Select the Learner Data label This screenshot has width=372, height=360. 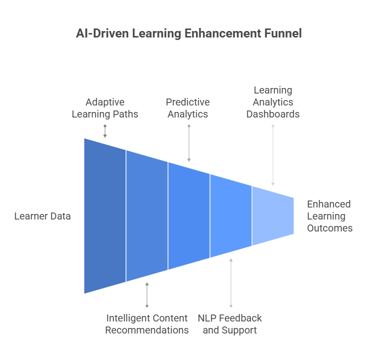tap(42, 216)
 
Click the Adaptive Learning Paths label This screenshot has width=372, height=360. tap(105, 108)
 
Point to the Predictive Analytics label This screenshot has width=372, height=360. tap(188, 108)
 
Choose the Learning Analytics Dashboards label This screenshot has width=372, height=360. tap(272, 102)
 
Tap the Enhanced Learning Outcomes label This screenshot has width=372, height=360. tap(329, 216)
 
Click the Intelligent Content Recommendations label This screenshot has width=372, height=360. tap(147, 324)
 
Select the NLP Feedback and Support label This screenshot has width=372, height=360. tap(230, 324)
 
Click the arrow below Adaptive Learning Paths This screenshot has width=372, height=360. tap(105, 131)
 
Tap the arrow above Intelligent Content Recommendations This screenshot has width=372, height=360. tap(147, 294)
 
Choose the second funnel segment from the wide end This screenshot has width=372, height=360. tap(147, 216)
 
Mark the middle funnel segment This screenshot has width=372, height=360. tap(189, 216)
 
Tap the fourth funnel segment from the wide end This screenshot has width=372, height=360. tap(231, 216)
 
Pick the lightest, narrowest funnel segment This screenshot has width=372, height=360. tap(272, 216)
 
